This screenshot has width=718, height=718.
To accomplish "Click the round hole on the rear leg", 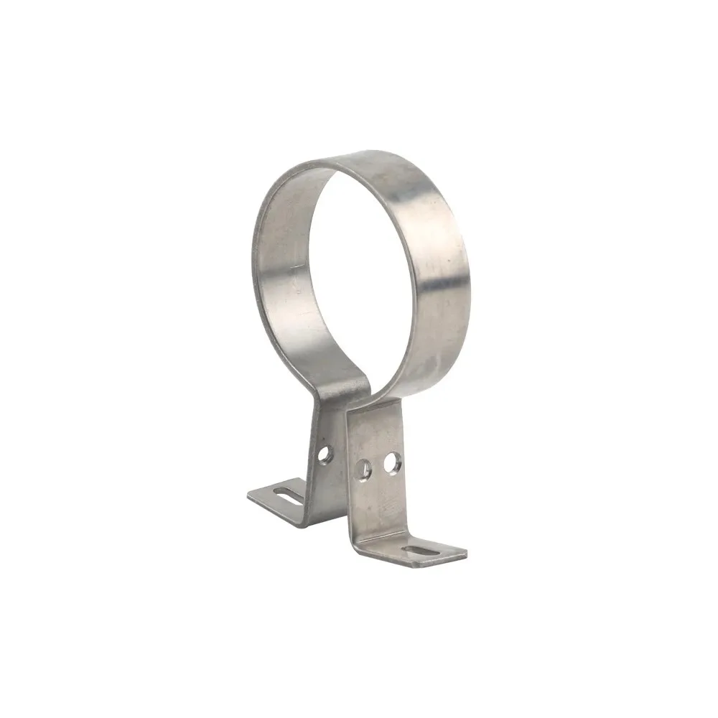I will tap(325, 454).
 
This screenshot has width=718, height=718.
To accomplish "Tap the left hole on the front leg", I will tap(364, 469).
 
